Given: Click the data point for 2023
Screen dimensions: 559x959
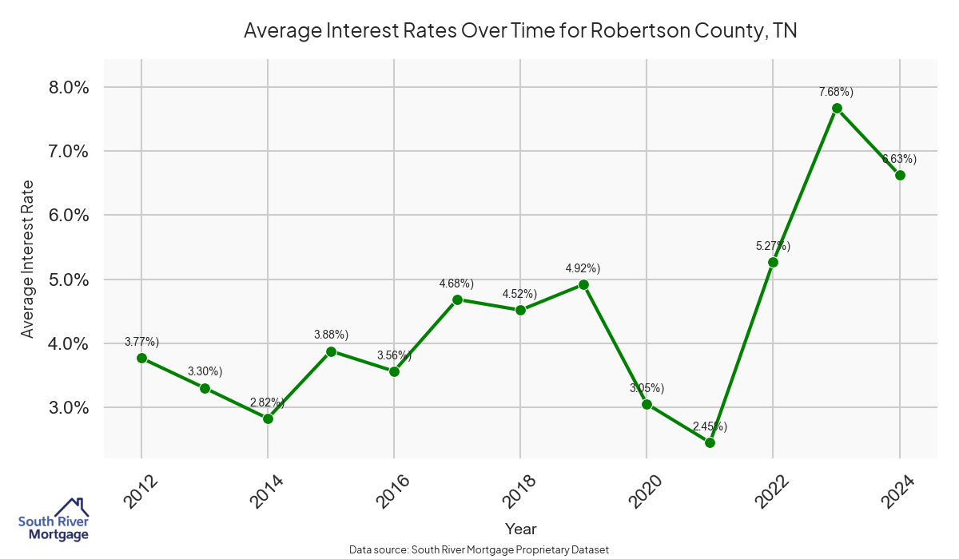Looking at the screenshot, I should click(x=837, y=108).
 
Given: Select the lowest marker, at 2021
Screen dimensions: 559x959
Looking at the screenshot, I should click(x=710, y=442).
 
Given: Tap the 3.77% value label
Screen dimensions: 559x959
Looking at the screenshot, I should click(x=141, y=343).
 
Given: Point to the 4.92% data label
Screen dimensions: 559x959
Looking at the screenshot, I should click(x=583, y=268).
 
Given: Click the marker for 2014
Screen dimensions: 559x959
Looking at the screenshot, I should click(x=268, y=418).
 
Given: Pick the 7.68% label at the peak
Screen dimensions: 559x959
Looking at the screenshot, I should click(x=837, y=92).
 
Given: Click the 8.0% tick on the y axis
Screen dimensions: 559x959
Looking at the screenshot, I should click(x=65, y=87).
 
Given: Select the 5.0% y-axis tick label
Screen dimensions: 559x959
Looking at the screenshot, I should click(x=65, y=279).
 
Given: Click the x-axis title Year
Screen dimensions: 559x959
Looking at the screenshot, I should click(x=520, y=529).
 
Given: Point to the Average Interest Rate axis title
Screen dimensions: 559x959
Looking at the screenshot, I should click(x=28, y=258).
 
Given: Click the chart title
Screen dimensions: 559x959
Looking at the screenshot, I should click(x=520, y=31).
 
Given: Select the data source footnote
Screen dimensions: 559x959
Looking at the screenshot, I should click(x=479, y=549).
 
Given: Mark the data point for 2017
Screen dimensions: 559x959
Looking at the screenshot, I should click(x=457, y=299).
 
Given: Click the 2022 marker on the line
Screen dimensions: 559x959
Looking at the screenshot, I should click(x=773, y=262).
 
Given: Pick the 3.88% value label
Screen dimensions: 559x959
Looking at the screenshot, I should click(x=331, y=335).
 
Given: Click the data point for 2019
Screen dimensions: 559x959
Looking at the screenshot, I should click(x=583, y=284).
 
